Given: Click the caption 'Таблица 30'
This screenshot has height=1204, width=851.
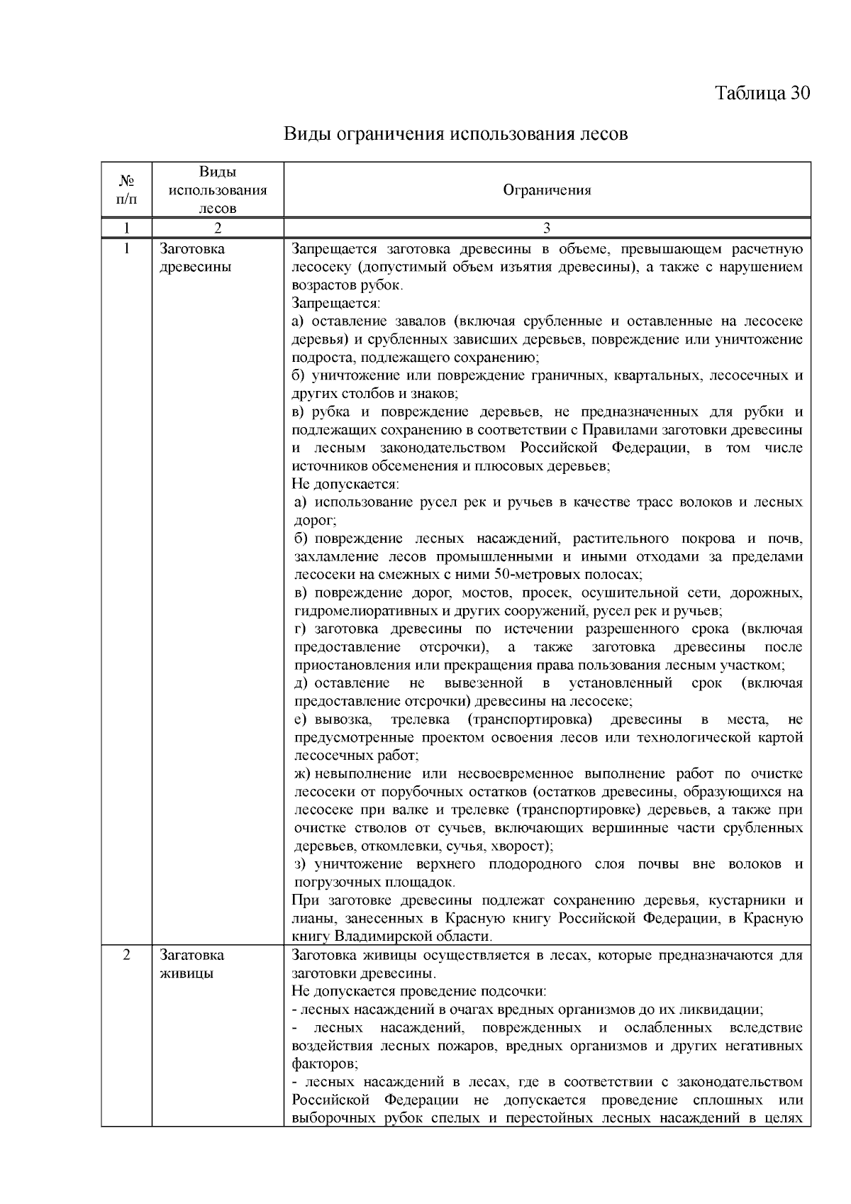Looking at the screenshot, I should (x=762, y=93).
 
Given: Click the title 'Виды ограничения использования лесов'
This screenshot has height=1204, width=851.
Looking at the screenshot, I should (x=455, y=133).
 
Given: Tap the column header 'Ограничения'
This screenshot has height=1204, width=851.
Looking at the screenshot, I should (x=547, y=189).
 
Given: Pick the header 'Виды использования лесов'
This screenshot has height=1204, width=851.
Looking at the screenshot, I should (x=218, y=189).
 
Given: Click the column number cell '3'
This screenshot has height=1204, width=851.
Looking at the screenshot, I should (x=547, y=228).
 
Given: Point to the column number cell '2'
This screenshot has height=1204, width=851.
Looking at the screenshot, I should (x=218, y=228).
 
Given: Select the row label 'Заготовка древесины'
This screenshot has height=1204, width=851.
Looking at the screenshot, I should (x=195, y=258).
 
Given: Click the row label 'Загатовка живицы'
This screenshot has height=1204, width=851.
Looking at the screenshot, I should (x=191, y=963).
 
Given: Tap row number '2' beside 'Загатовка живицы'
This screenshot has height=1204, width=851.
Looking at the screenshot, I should (x=126, y=955).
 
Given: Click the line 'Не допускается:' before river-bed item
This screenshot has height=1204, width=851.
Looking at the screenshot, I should (x=345, y=484).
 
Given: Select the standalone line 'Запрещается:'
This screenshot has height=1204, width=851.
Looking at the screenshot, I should (x=336, y=303).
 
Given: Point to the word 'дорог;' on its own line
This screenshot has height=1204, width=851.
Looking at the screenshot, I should (x=311, y=520).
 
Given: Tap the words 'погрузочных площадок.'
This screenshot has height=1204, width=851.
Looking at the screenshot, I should (x=374, y=882).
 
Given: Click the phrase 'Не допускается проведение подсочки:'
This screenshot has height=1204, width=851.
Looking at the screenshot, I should (x=418, y=991).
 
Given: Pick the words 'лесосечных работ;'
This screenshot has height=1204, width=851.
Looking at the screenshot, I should (x=356, y=756).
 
